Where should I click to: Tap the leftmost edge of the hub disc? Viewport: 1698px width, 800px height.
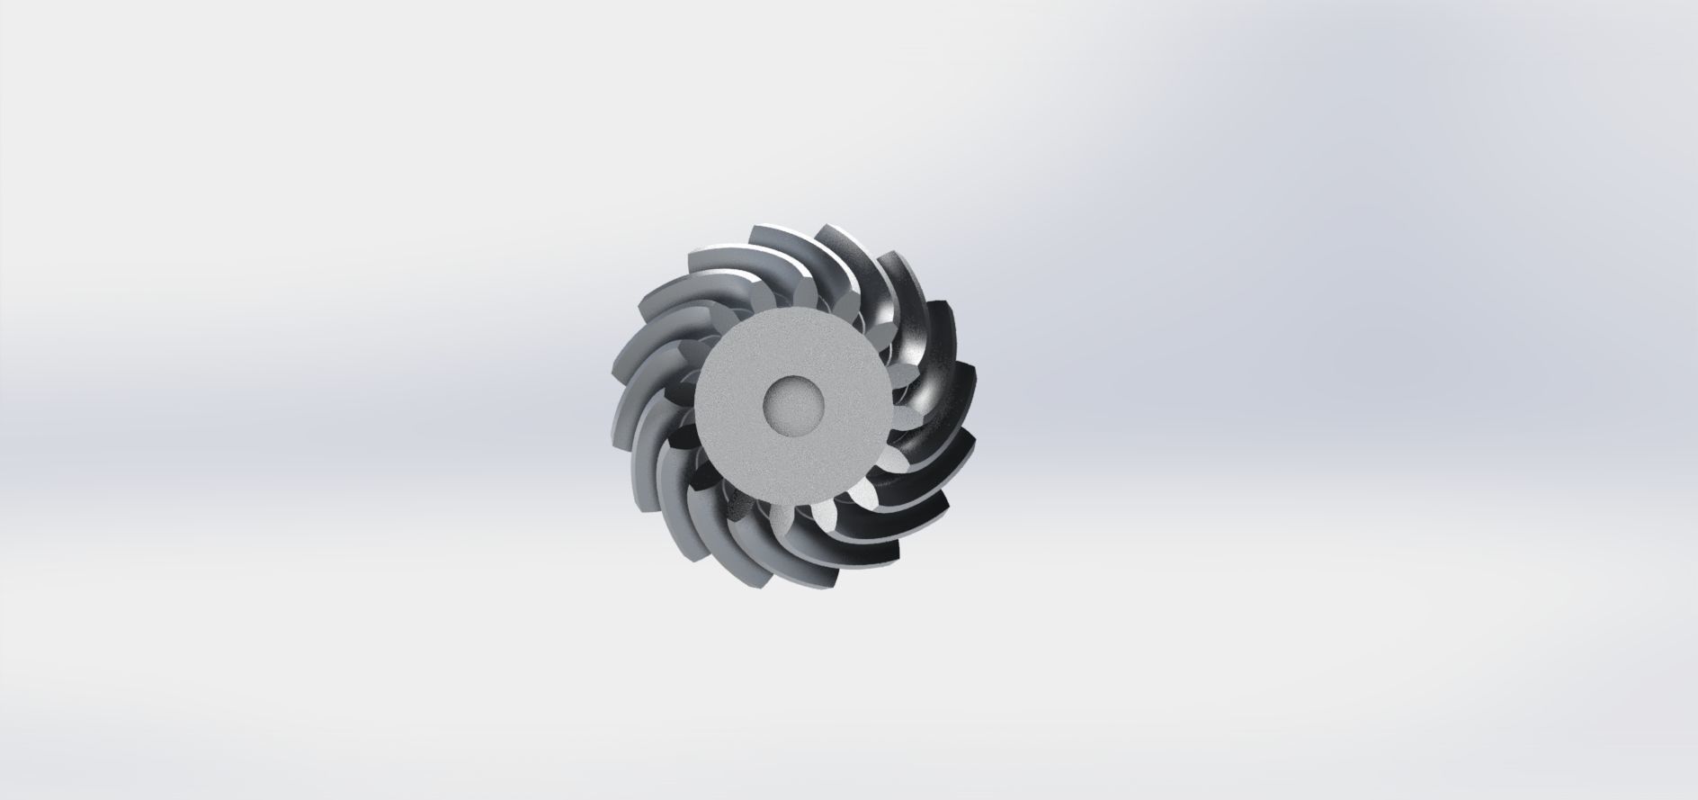coord(699,405)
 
